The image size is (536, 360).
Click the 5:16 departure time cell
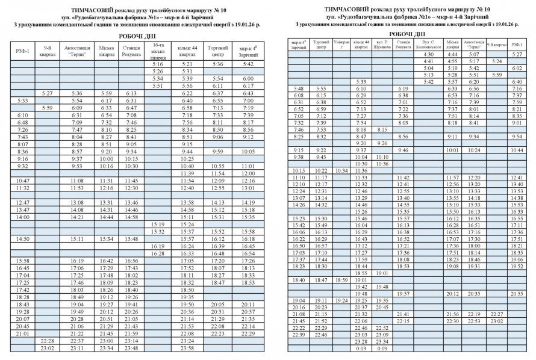(158, 64)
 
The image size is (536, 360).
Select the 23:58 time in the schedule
(187, 348)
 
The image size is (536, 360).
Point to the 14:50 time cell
(23, 238)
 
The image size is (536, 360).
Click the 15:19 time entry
(158, 224)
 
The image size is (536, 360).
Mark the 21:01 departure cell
(23, 333)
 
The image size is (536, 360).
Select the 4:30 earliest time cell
(428, 54)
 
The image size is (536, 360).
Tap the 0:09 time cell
(381, 349)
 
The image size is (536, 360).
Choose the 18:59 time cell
(341, 280)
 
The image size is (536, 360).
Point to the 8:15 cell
(381, 129)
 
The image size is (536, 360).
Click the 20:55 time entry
(516, 294)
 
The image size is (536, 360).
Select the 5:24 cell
(496, 61)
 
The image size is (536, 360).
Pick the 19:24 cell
(341, 300)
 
